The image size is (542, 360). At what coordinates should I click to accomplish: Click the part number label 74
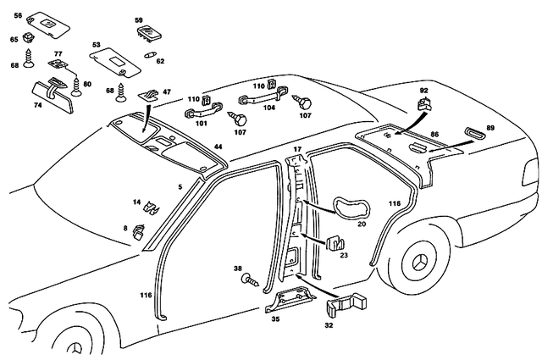[37, 106]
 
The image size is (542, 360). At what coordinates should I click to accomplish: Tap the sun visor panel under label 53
[117, 61]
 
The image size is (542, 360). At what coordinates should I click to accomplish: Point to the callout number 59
[139, 18]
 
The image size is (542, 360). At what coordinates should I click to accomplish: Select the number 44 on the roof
[218, 147]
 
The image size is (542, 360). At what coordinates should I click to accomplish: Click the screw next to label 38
[252, 278]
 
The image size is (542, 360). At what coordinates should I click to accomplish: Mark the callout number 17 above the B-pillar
[296, 150]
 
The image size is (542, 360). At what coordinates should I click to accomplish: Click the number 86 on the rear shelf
[434, 135]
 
